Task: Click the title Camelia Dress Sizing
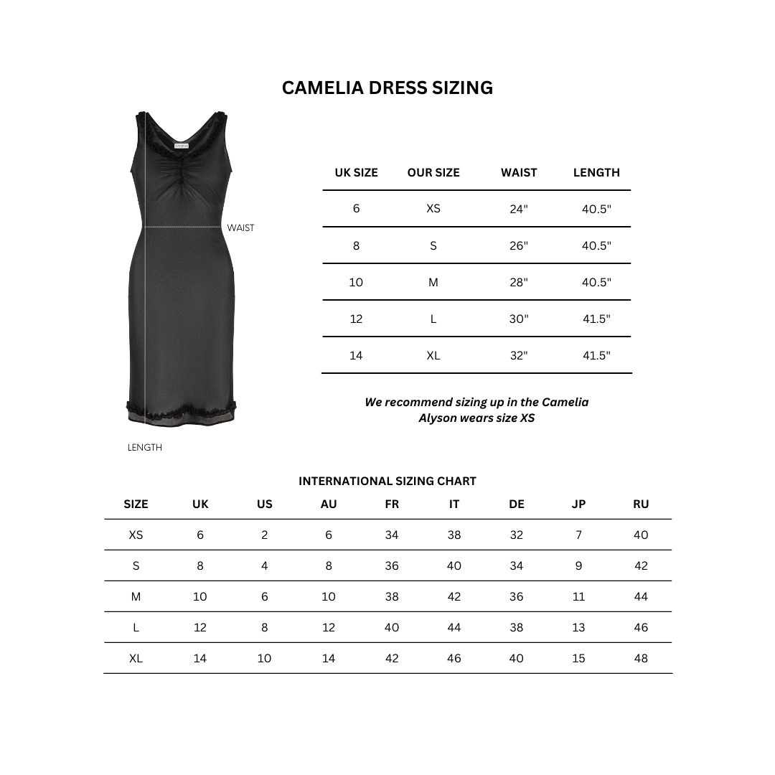(x=387, y=88)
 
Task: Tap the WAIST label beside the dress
(x=240, y=228)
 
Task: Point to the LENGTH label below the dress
(x=145, y=448)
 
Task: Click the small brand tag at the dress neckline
(x=182, y=146)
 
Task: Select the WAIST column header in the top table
(x=519, y=172)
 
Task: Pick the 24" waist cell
(x=519, y=209)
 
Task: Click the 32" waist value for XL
(x=519, y=355)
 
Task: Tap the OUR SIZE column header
(x=433, y=172)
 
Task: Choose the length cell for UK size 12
(x=596, y=319)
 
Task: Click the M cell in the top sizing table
(x=433, y=282)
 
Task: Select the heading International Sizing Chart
(x=387, y=482)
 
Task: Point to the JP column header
(x=578, y=504)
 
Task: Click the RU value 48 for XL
(x=641, y=658)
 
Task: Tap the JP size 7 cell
(x=578, y=535)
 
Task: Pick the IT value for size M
(x=454, y=596)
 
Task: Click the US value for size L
(x=265, y=627)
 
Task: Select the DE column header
(x=517, y=504)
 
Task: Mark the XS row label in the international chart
(x=136, y=535)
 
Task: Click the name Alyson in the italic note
(x=438, y=418)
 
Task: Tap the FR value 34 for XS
(x=392, y=535)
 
